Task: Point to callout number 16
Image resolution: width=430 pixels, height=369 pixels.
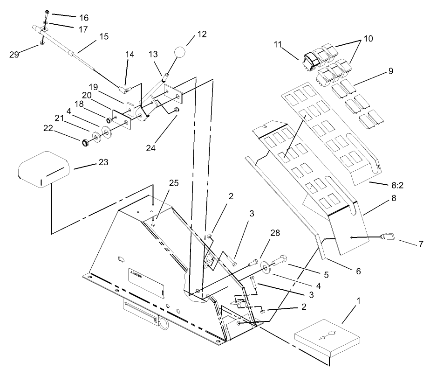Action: (83, 18)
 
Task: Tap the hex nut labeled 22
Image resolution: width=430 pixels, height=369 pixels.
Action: (86, 142)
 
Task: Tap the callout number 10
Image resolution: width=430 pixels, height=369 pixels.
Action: (369, 38)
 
